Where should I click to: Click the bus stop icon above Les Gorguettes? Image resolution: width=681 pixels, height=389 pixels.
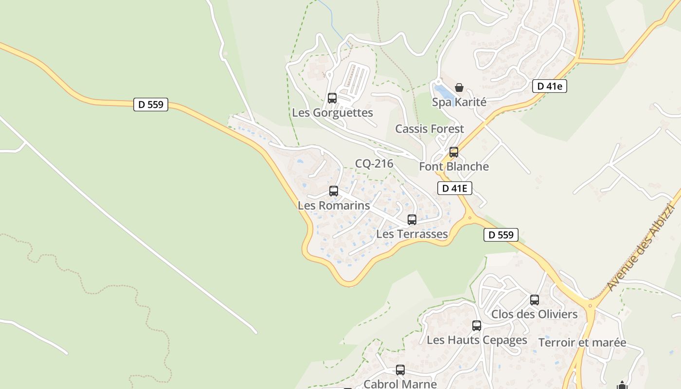(332, 98)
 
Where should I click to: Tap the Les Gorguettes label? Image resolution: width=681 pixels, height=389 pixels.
(332, 113)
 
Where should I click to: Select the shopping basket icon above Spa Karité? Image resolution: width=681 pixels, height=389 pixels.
(459, 88)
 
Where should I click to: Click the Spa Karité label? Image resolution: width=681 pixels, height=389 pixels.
(459, 102)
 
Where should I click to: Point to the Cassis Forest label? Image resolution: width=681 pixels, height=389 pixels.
(430, 129)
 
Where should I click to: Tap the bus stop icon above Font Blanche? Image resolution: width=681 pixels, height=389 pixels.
(454, 152)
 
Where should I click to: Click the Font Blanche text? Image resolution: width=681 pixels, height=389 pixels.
(454, 166)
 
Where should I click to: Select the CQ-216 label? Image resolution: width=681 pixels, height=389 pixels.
(374, 163)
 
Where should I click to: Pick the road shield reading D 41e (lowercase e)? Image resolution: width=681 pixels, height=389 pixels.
(550, 86)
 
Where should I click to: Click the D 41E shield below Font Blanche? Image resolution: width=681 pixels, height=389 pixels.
(455, 188)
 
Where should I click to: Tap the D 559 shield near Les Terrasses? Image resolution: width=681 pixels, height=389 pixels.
(501, 235)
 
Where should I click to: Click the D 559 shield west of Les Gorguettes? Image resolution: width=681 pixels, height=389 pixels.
(151, 105)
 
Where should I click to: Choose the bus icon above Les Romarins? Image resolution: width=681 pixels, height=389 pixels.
(334, 191)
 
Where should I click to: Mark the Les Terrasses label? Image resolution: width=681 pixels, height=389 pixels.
(412, 234)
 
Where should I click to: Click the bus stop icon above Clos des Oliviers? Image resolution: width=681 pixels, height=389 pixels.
(535, 300)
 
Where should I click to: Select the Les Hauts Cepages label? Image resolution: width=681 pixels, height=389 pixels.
(477, 340)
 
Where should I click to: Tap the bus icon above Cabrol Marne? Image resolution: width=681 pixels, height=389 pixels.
(400, 370)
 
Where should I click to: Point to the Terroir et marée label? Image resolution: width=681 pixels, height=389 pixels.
(582, 342)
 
